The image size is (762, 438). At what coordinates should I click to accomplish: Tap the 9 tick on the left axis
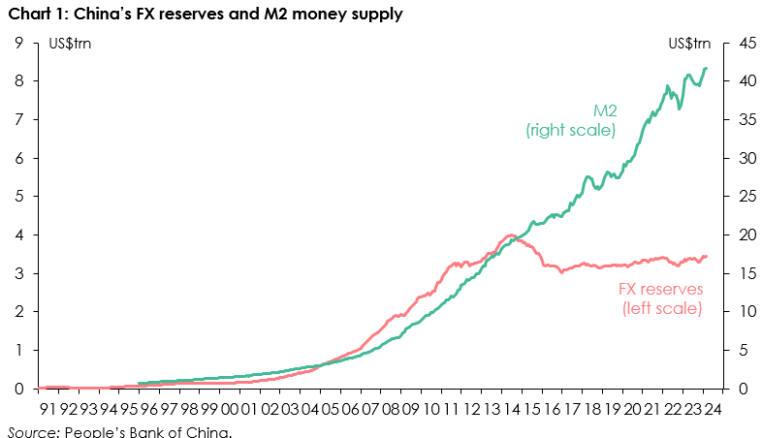pos(19,43)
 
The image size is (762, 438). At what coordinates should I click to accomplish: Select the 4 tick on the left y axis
pos(19,235)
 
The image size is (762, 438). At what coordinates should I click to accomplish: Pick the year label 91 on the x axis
pos(48,410)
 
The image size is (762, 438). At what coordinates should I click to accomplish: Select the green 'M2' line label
pos(605,109)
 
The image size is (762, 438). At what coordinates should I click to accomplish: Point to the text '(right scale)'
pos(571,130)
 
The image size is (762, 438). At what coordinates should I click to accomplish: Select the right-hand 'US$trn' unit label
pos(688,44)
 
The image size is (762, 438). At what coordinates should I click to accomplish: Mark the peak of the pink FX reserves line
pos(510,235)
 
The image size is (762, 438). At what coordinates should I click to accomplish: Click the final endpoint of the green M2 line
pos(706,68)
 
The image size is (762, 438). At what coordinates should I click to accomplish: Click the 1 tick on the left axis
pos(19,350)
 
